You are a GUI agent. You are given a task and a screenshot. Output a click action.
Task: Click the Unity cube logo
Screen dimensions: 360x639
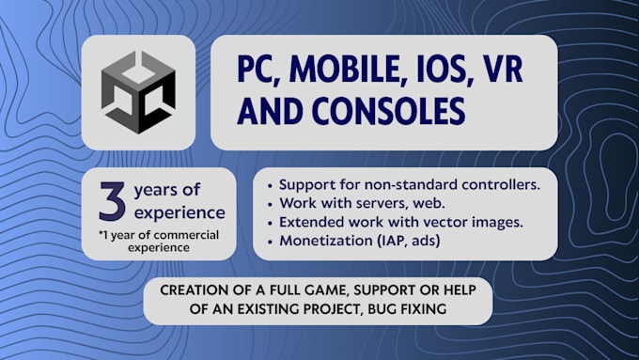coord(139,93)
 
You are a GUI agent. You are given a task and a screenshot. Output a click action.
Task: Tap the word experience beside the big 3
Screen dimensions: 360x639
coord(179,212)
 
